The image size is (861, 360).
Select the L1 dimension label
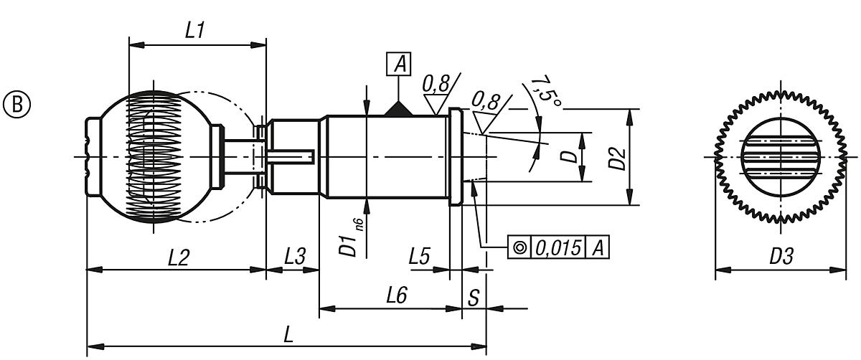pos(195,30)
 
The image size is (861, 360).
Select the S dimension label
pos(474,297)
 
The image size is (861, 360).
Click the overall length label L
pos(288,334)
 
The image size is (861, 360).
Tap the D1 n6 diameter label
pos(351,236)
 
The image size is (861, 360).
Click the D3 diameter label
pos(781,257)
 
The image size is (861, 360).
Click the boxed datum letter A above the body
pos(399,65)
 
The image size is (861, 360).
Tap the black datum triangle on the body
pos(399,109)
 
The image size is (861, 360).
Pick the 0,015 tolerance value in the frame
pos(559,247)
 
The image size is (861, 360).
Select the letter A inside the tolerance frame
pos(598,247)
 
